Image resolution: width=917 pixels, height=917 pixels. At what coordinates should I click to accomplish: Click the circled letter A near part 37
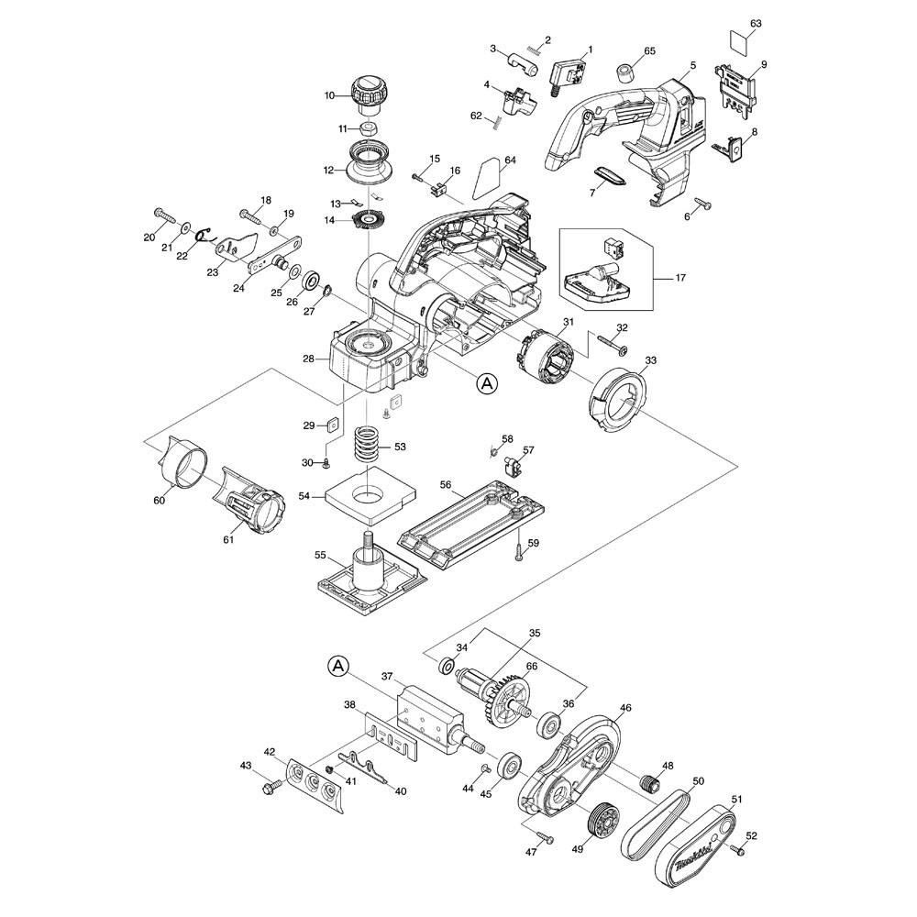(338, 664)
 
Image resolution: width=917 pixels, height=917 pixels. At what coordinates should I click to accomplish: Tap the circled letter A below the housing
(487, 384)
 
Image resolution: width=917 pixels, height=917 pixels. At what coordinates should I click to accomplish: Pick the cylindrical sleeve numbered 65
(628, 72)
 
